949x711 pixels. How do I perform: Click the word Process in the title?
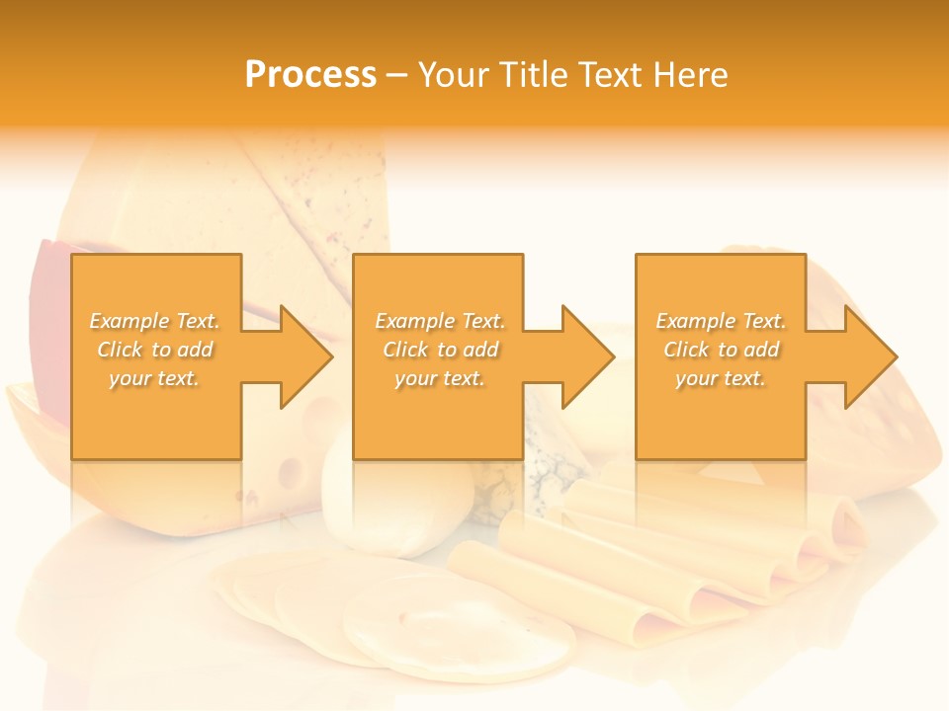pos(310,75)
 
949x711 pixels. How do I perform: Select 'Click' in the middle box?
pos(405,350)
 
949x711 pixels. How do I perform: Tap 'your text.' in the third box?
pos(721,378)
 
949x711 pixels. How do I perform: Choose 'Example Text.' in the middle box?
pos(439,321)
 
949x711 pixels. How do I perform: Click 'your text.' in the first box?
pos(154,378)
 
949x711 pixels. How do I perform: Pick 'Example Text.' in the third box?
pos(721,321)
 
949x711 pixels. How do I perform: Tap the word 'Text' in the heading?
pos(607,75)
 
